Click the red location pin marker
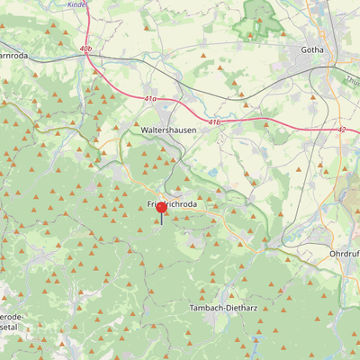[161, 209]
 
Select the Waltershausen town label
[168, 130]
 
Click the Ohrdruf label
[344, 253]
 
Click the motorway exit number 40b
[85, 49]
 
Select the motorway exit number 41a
[150, 97]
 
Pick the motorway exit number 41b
[213, 121]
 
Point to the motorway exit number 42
[341, 130]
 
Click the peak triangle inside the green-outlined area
[260, 19]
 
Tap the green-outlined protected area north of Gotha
[260, 27]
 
